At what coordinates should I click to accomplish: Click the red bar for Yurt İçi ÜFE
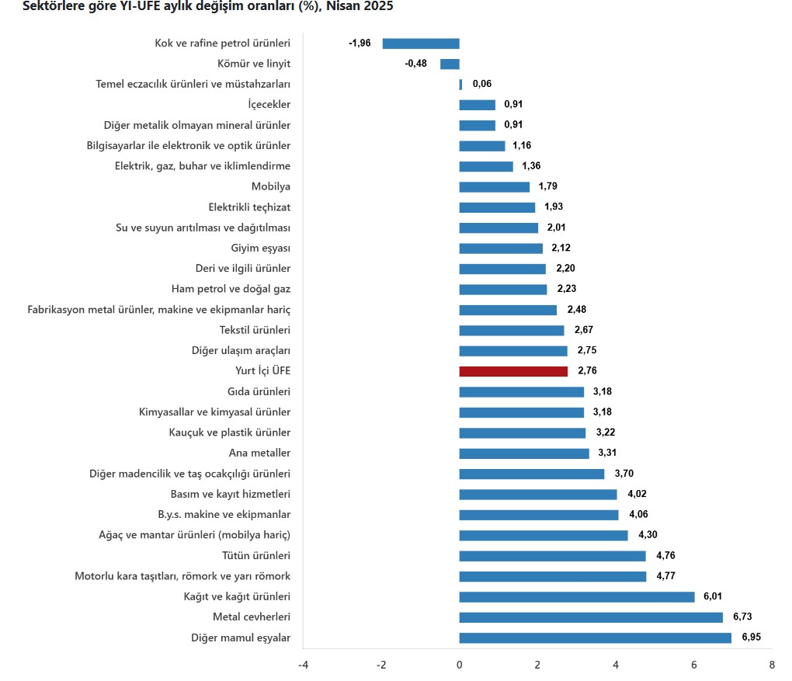pos(513,371)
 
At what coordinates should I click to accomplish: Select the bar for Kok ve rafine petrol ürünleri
pos(421,43)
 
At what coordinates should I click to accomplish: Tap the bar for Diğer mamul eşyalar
pos(595,638)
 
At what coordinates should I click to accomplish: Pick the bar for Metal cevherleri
pos(591,617)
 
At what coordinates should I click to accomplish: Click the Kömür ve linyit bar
pos(450,64)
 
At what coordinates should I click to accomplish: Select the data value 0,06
pos(482,84)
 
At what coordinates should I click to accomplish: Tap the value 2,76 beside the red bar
pos(588,371)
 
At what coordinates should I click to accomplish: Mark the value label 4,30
pos(648,535)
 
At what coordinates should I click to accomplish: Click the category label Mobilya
pos(271,186)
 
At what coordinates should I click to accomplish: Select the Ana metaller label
pos(259,453)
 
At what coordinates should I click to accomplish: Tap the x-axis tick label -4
pos(303,665)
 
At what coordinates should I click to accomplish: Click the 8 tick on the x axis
pos(772,665)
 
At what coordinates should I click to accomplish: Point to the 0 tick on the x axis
pos(460,665)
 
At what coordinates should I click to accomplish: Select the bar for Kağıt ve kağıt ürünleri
pos(577,596)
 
